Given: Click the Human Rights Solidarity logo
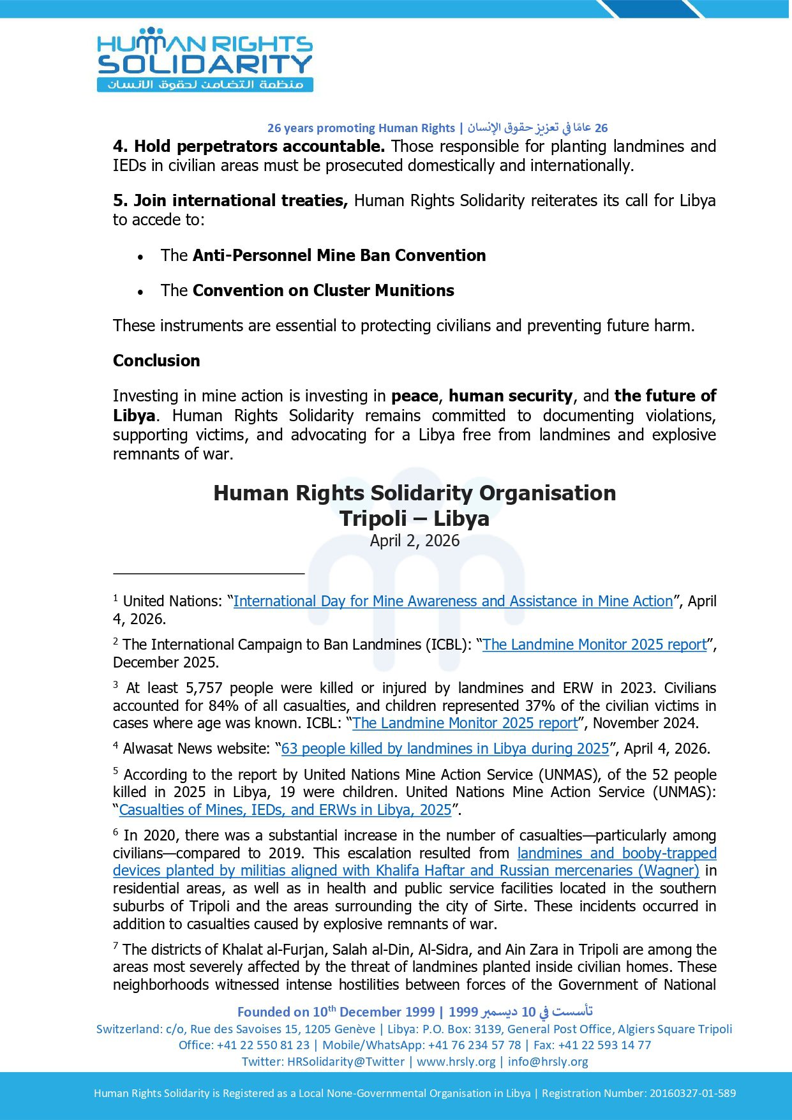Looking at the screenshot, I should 204,60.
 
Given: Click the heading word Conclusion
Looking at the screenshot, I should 156,361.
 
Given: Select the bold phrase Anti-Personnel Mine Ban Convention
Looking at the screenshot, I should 339,255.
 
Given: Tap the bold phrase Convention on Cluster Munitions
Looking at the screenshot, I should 323,290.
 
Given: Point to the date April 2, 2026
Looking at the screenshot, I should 415,541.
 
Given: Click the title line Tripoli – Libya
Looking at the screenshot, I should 415,518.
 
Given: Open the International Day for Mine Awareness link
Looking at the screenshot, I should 453,601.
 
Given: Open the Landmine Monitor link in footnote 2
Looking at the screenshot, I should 594,645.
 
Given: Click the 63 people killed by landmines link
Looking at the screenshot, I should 445,749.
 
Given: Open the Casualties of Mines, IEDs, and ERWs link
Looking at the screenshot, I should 285,810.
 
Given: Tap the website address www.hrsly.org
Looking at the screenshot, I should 456,1061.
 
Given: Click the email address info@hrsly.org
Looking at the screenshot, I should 548,1061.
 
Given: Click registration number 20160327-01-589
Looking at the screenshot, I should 692,1093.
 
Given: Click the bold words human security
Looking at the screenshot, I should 511,396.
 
